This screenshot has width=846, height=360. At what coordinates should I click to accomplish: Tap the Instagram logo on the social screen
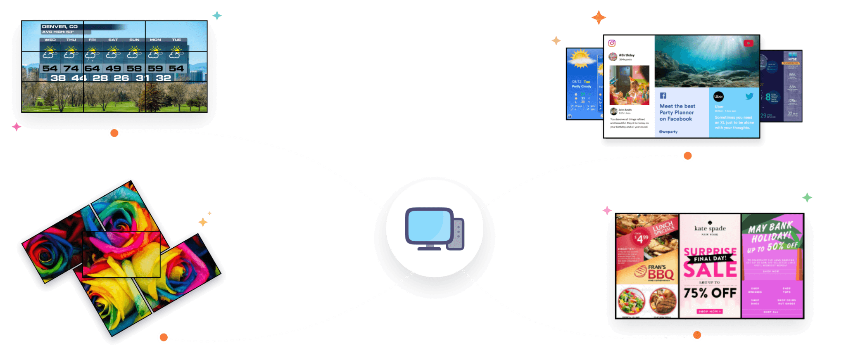pyautogui.click(x=612, y=43)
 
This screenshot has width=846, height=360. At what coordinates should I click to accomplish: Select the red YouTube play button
pyautogui.click(x=748, y=43)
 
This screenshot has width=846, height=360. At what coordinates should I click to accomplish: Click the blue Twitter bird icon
pyautogui.click(x=749, y=96)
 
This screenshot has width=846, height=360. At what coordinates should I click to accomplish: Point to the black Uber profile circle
pyautogui.click(x=718, y=97)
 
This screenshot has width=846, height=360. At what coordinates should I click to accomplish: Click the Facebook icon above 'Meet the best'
pyautogui.click(x=663, y=96)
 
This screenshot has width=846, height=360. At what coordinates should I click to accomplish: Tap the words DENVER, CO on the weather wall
pyautogui.click(x=60, y=26)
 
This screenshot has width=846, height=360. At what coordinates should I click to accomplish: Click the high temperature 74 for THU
pyautogui.click(x=71, y=69)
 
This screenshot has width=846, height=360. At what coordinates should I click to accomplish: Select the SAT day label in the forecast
pyautogui.click(x=113, y=40)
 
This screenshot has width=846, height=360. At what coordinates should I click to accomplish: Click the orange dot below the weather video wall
pyautogui.click(x=114, y=133)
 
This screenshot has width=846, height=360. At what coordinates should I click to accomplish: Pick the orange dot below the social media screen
pyautogui.click(x=687, y=156)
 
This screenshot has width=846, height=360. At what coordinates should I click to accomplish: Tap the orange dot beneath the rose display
pyautogui.click(x=164, y=337)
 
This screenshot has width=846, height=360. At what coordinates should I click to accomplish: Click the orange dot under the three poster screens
pyautogui.click(x=697, y=334)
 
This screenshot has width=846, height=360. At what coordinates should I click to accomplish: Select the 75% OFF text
pyautogui.click(x=710, y=293)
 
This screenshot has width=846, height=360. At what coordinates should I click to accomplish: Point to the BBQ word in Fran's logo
pyautogui.click(x=661, y=275)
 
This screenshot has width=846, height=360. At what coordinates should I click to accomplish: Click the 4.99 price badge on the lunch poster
pyautogui.click(x=641, y=238)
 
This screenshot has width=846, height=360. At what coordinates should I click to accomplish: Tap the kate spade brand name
pyautogui.click(x=710, y=228)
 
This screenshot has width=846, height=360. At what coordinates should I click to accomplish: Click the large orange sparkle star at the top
pyautogui.click(x=599, y=17)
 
